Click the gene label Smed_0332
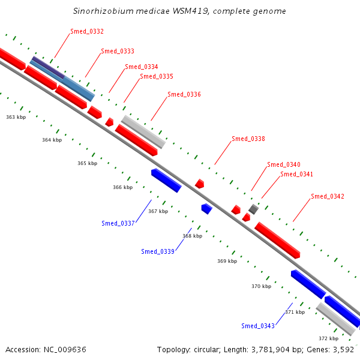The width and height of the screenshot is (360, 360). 87,31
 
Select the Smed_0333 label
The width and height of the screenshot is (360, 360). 118,51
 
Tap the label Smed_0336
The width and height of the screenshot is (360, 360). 184,94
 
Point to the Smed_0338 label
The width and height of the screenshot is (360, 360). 248,139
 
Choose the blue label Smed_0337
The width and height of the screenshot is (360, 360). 118,223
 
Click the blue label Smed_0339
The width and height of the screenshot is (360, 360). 158,251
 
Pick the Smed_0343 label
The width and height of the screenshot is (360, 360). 258,326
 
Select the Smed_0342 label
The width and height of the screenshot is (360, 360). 328,197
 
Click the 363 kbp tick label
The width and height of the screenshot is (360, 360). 16,117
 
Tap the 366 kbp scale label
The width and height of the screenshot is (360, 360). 122,187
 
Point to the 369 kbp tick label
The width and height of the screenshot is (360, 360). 227,261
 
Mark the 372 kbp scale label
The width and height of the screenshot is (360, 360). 328,338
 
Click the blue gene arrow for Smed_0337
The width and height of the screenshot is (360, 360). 166,180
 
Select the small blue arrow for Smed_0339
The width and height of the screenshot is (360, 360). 207,209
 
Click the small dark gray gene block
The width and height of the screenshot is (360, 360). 253,209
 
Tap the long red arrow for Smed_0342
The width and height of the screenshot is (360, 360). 277,240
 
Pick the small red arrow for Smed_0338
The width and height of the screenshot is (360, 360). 200,184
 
